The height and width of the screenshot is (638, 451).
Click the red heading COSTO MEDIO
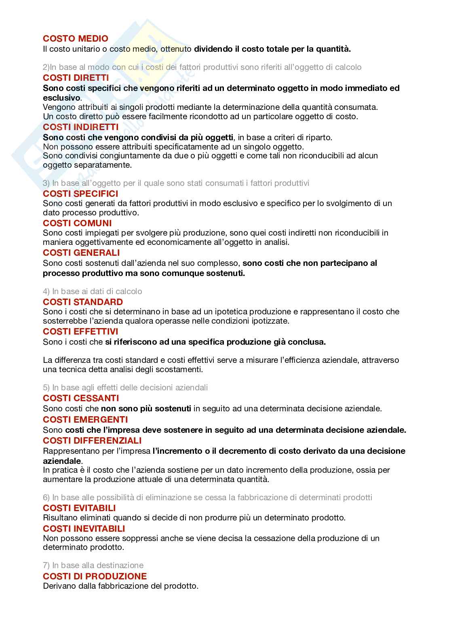76,39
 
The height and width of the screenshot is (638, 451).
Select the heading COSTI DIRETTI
76,78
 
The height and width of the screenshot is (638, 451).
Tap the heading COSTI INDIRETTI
81,127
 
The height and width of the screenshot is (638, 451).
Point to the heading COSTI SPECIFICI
80,194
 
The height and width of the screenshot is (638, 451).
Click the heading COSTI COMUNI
77,223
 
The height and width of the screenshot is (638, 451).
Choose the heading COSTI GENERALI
81,253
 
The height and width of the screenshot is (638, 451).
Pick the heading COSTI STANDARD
83,302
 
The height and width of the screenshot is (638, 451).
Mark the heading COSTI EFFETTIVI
80,332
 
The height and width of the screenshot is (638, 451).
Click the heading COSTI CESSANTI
81,398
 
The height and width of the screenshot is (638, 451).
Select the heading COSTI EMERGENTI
85,419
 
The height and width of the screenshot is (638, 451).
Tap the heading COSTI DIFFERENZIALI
92,440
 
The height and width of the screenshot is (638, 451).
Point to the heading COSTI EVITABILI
79,508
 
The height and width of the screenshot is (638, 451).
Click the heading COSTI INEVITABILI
84,529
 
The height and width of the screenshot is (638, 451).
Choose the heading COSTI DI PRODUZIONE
95,576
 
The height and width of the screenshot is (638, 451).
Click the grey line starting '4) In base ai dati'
93,291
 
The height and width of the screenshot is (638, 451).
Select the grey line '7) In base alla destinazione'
93,565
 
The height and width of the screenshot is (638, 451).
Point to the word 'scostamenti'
181,369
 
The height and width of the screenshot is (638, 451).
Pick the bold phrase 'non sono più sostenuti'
146,408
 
